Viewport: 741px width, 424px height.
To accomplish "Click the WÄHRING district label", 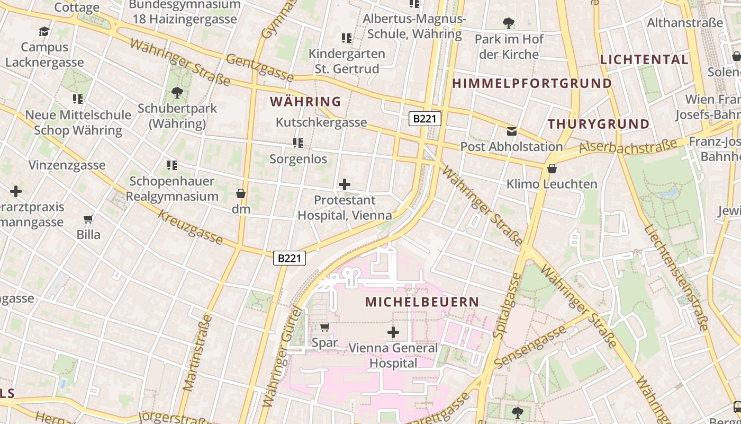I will (305, 101).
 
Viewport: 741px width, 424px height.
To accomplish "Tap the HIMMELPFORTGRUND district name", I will (531, 83).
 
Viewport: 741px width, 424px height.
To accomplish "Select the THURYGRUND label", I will (598, 124).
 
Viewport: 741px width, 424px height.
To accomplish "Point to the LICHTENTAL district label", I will (644, 59).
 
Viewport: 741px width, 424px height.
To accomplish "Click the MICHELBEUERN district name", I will (422, 302).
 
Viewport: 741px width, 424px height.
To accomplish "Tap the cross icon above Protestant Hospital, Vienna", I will (345, 184).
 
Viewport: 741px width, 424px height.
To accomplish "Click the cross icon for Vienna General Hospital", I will (393, 332).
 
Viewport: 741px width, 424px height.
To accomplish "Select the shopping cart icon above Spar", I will (324, 328).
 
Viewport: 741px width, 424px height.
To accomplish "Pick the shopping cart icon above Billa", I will (88, 219).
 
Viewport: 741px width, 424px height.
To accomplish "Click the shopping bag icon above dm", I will (241, 193).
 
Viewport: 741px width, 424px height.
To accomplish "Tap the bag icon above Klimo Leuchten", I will (552, 169).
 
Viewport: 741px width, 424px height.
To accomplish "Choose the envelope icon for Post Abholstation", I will (511, 131).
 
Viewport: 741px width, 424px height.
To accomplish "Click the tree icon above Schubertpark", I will (177, 93).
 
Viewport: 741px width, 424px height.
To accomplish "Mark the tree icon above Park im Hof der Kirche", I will (508, 23).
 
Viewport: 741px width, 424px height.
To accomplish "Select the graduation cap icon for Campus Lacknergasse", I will (44, 31).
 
